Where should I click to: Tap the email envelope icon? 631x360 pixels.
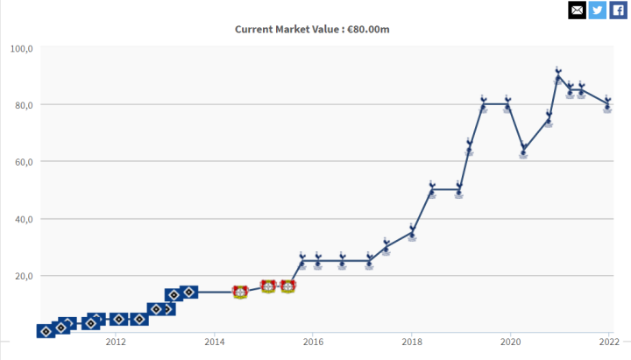[x=577, y=10]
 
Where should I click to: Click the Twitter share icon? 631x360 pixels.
[x=598, y=10]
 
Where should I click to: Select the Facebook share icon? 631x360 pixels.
[x=619, y=10]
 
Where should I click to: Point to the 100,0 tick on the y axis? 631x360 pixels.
[x=21, y=48]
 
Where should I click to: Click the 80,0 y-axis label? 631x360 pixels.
[x=21, y=105]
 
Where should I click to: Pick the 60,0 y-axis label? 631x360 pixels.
[x=21, y=162]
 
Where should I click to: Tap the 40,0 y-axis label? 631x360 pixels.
[x=21, y=219]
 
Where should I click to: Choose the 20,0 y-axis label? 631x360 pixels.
[x=21, y=276]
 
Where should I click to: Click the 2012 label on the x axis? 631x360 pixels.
[x=116, y=342]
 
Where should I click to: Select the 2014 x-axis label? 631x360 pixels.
[x=215, y=342]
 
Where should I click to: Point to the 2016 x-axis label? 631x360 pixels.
[x=313, y=342]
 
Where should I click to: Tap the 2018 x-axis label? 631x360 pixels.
[x=412, y=342]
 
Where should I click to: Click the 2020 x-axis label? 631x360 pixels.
[x=510, y=342]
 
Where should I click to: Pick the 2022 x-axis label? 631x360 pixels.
[x=608, y=342]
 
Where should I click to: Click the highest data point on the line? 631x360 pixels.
[x=557, y=77]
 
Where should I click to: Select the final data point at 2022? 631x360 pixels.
[x=607, y=105]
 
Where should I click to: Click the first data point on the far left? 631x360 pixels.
[x=46, y=331]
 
